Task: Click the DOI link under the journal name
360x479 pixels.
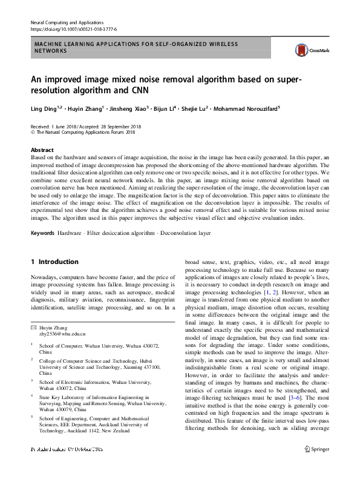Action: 73,29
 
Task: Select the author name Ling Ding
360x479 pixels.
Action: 43,110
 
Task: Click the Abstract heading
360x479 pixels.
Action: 42,150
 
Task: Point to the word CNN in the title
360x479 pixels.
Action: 156,92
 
